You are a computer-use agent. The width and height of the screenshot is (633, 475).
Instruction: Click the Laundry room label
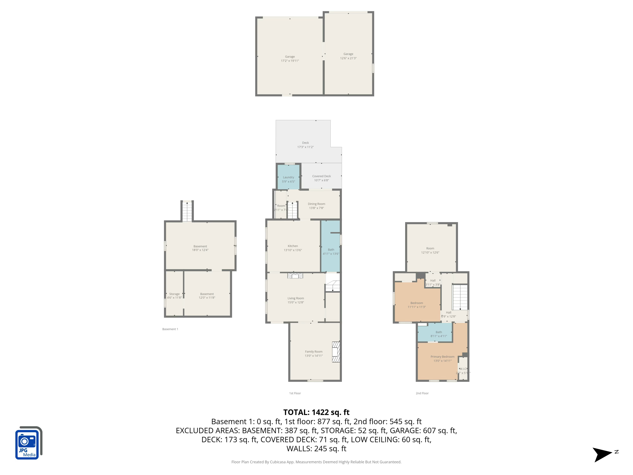(288, 177)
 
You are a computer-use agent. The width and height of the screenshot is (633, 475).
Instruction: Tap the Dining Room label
(316, 204)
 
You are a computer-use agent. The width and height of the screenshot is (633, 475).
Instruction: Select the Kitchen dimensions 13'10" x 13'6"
(292, 250)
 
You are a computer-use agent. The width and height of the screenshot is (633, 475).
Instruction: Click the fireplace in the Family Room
(336, 352)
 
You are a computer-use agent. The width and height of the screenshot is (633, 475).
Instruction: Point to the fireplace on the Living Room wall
(295, 276)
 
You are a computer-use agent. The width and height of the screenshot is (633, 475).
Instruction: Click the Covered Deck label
(321, 176)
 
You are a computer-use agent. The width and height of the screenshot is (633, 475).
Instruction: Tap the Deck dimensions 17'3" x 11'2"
(305, 147)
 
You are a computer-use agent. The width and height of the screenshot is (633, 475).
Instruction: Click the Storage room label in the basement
(174, 294)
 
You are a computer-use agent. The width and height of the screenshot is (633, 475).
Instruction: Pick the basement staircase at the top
(187, 212)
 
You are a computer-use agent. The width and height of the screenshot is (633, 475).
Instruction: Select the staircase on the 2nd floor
(460, 297)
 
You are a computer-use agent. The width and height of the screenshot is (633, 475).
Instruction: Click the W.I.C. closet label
(463, 369)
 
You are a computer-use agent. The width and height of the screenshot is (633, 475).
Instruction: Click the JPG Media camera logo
(28, 443)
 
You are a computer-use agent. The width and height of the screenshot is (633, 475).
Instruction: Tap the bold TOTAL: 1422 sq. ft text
(316, 412)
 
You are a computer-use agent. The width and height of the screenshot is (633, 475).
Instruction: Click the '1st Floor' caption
(295, 393)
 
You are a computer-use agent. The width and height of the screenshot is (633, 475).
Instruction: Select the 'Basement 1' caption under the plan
(170, 329)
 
